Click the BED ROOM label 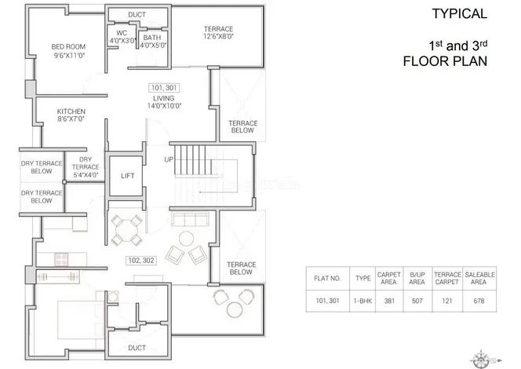point(68,47)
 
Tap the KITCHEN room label point(71,111)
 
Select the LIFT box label point(128,176)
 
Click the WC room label point(122,33)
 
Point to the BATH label point(152,38)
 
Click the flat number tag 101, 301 point(164,88)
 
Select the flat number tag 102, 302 point(141,261)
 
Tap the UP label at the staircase point(169,159)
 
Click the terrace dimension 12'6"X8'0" point(218,36)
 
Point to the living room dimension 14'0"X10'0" point(164,106)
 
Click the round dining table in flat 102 point(126,230)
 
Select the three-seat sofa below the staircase point(190,220)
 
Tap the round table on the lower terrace point(235,309)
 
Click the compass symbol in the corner point(481,360)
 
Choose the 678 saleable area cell point(479,301)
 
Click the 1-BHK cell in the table point(363,301)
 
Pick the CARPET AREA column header point(388,278)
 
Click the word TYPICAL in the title point(460,13)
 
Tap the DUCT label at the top point(137,15)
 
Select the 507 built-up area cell point(417,301)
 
